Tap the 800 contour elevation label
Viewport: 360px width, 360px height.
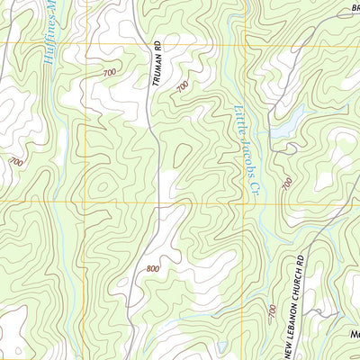[x=151, y=268]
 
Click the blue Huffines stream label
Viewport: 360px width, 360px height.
[x=49, y=36]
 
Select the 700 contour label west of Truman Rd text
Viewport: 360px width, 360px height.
[x=110, y=71]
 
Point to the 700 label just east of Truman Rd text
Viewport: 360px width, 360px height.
[x=183, y=86]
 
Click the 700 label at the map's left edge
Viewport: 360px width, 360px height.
[x=15, y=162]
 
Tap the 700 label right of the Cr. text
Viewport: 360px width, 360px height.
[x=286, y=183]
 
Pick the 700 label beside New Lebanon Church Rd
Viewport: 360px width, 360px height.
[x=270, y=311]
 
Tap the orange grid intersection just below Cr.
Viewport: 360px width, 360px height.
[x=243, y=202]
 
